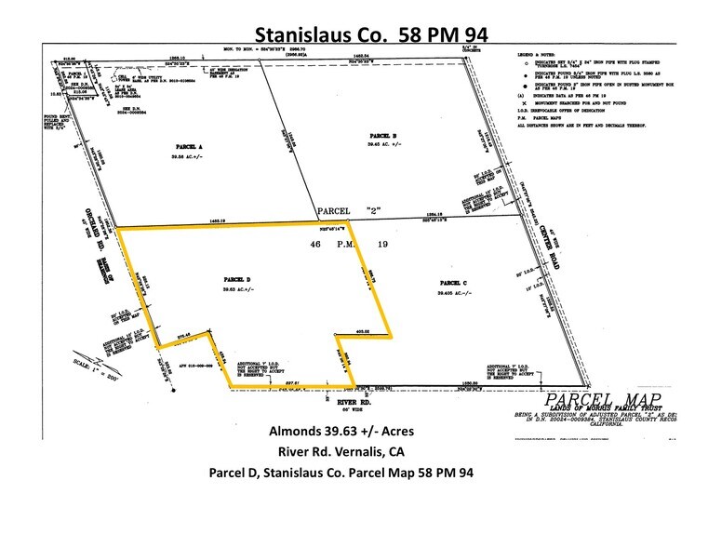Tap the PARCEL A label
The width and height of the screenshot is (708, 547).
(x=189, y=147)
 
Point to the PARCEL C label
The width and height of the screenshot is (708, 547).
(x=451, y=282)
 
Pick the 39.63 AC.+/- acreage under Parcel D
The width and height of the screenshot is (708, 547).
(x=235, y=290)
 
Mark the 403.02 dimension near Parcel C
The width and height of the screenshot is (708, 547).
(x=362, y=330)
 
